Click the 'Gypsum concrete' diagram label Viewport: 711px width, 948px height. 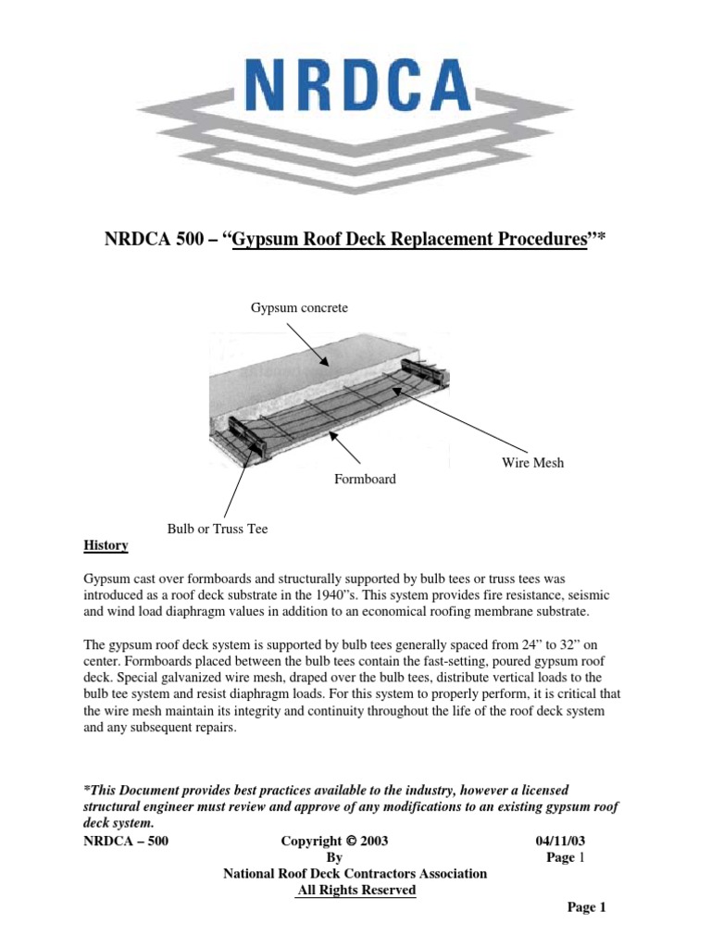[x=300, y=307]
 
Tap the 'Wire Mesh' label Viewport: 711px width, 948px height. [x=532, y=462]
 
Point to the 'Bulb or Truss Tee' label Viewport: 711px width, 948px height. [x=217, y=529]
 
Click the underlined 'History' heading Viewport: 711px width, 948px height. [x=106, y=545]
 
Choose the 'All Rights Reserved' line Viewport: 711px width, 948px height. [x=355, y=891]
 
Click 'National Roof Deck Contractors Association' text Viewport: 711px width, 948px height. [x=355, y=874]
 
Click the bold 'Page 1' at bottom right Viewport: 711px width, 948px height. [x=586, y=907]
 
